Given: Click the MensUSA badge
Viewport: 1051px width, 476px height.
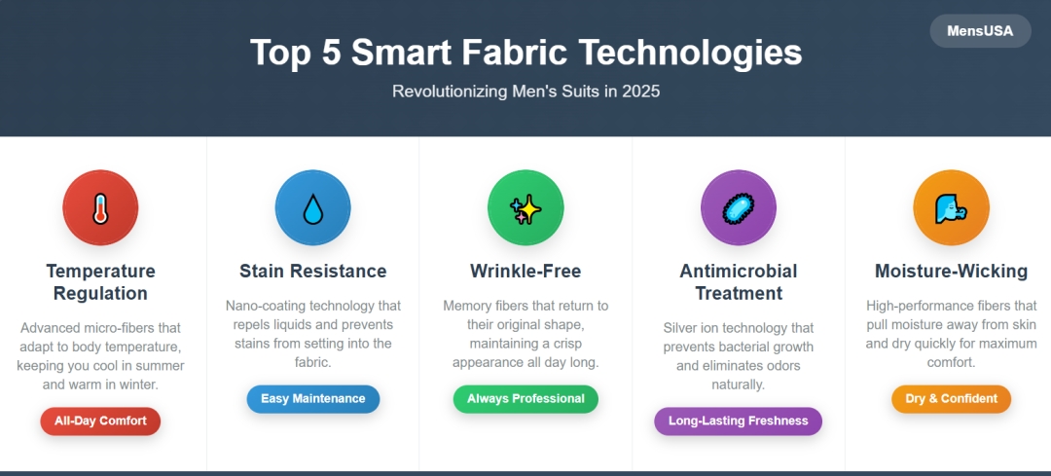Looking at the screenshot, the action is (980, 31).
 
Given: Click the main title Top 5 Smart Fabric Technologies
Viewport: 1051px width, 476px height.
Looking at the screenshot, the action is (525, 53).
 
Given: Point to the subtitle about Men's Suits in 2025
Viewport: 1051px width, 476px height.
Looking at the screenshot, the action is (525, 92).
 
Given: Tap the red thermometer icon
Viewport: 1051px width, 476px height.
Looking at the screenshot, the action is (100, 208).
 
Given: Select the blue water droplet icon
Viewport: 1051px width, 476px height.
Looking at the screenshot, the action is (313, 208).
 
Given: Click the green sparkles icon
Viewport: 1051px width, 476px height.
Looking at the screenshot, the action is (525, 208).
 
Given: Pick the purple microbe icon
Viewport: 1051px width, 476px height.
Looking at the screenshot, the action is (738, 208).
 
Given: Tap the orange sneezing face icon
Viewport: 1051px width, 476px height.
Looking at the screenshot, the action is (951, 208).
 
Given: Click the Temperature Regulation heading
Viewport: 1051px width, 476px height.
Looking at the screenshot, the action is (100, 282).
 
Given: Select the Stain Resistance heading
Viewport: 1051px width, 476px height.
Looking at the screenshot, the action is (313, 272).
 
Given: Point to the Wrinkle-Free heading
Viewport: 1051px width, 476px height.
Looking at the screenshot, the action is (525, 272).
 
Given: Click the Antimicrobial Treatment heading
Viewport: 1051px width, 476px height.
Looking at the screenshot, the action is (738, 282).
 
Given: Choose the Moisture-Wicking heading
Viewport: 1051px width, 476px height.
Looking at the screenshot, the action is (951, 272).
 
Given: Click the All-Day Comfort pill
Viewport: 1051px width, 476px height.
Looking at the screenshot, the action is (100, 421).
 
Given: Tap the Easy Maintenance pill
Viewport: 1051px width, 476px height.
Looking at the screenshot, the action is (313, 399).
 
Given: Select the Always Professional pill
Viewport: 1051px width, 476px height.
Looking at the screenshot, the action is (525, 399).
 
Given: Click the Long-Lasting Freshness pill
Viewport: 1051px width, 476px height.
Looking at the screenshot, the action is (738, 421).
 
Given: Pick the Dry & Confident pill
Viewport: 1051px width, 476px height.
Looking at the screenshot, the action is (951, 399).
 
